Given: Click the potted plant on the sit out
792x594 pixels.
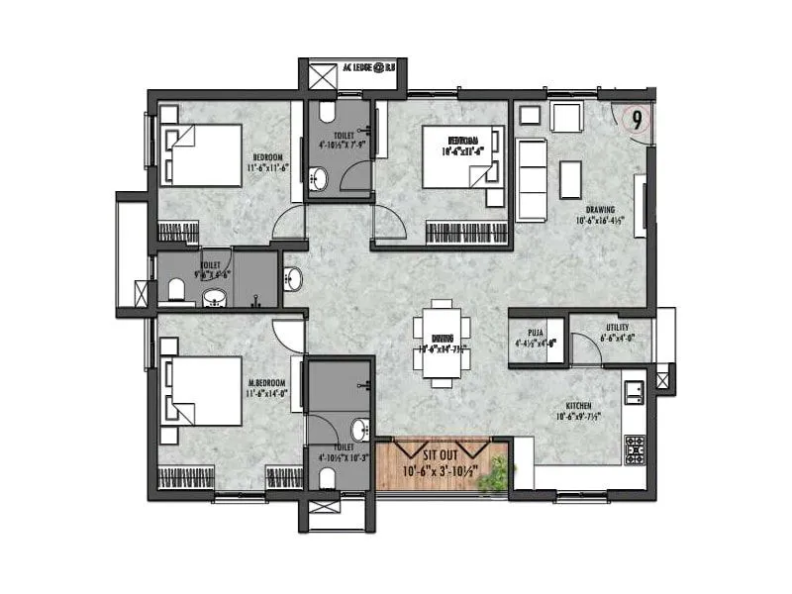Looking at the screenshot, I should [x=492, y=478].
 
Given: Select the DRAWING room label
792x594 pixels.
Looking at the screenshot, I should [x=600, y=210].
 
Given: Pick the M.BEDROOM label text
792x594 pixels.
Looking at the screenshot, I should [x=266, y=382].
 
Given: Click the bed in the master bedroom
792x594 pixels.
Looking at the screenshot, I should [x=203, y=391].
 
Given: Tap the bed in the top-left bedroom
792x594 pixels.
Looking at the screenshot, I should [x=203, y=153].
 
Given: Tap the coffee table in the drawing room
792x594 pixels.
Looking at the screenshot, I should [x=570, y=179].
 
